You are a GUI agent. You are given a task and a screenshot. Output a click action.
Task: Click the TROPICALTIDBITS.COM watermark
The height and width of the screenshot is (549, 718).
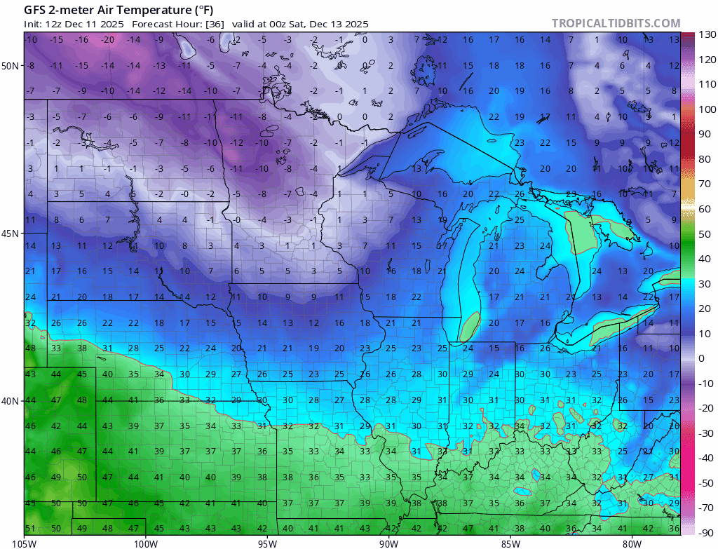616,23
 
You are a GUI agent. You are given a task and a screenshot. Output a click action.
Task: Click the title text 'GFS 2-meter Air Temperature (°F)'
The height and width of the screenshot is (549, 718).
119,10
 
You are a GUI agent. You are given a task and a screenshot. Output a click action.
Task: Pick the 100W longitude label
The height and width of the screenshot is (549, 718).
146,543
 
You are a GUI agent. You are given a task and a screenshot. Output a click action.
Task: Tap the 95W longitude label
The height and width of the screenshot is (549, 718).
267,543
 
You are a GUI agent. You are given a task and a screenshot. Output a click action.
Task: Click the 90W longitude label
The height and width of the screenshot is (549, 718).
388,543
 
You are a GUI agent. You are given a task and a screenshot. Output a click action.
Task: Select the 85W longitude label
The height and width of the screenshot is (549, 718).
510,543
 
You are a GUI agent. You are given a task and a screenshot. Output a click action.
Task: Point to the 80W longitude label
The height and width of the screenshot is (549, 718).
632,543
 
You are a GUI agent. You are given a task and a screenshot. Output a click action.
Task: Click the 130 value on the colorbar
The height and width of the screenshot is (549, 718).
705,35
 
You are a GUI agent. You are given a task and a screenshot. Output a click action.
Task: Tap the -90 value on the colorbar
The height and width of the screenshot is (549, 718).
705,532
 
